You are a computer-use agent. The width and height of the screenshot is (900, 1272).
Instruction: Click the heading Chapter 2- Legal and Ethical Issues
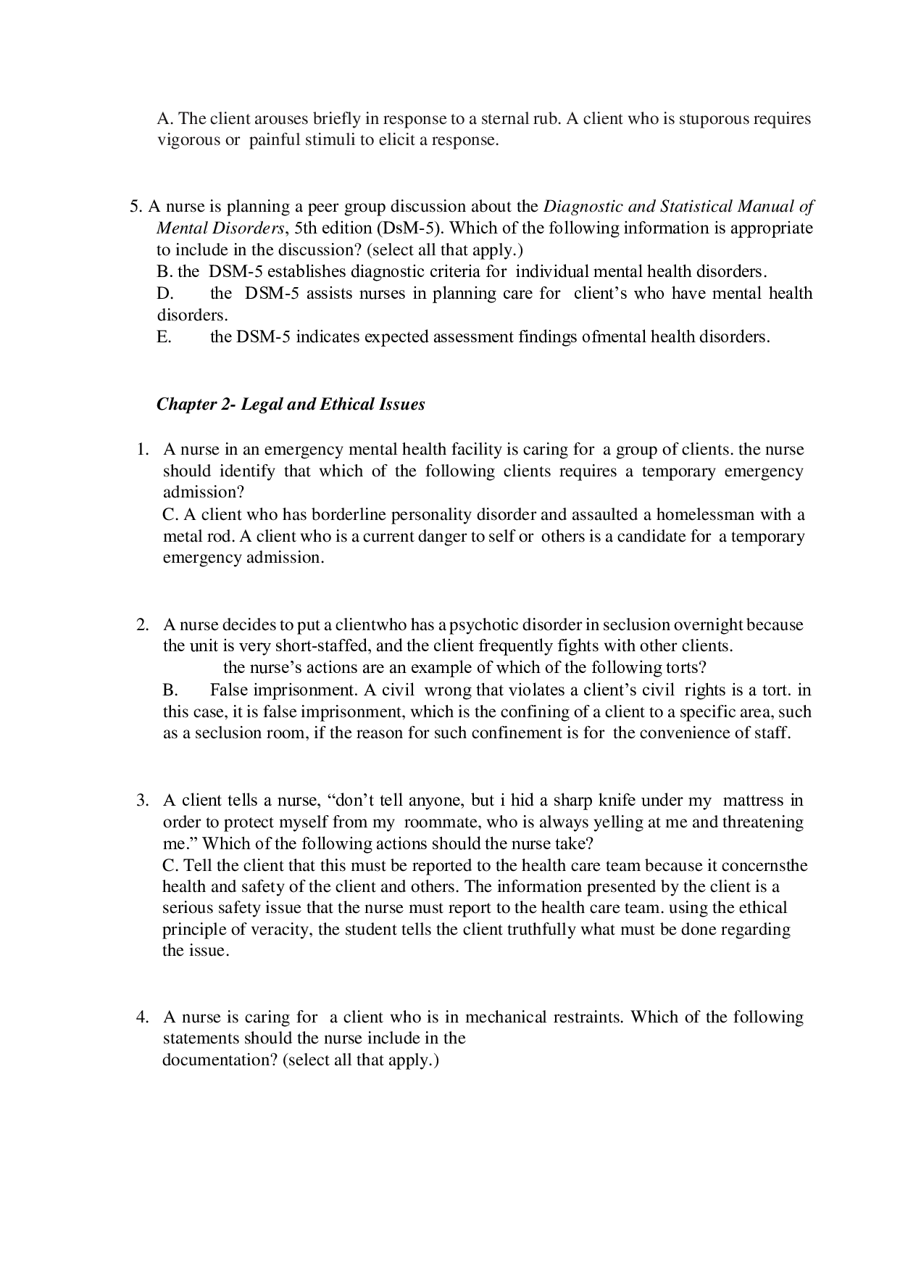pyautogui.click(x=291, y=405)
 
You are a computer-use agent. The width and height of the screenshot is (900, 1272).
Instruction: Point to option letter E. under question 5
pyautogui.click(x=164, y=337)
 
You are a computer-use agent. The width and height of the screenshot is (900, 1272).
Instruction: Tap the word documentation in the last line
pyautogui.click(x=218, y=1060)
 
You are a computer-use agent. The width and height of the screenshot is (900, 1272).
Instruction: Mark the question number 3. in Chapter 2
pyautogui.click(x=143, y=801)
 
